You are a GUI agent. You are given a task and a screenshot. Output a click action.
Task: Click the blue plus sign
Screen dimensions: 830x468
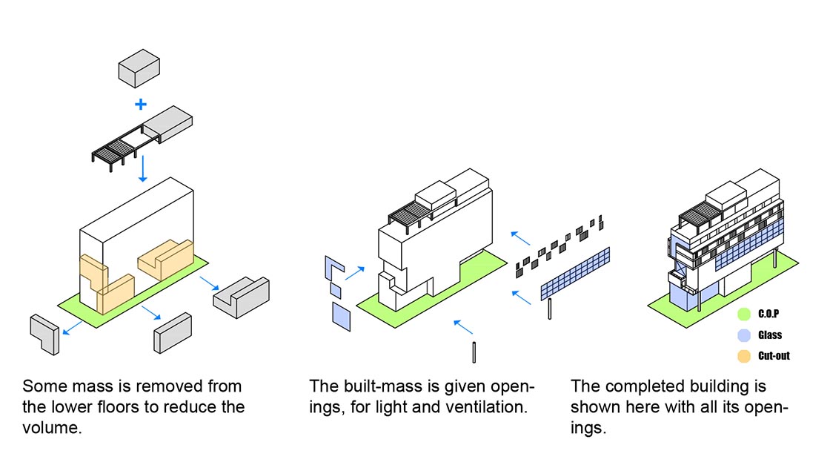(141, 104)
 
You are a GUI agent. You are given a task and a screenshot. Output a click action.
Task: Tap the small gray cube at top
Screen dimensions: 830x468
(139, 68)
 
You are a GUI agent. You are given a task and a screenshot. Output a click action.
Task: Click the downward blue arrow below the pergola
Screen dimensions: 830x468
(142, 168)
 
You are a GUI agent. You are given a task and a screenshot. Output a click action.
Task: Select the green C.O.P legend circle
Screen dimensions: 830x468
(744, 314)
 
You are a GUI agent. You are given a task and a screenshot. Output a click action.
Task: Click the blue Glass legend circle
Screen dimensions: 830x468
(744, 335)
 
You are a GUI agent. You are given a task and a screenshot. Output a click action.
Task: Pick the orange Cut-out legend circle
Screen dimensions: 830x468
(744, 356)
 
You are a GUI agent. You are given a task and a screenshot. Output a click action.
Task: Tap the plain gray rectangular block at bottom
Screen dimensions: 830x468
(173, 333)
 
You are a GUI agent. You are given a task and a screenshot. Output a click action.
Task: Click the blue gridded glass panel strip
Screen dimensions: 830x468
(575, 274)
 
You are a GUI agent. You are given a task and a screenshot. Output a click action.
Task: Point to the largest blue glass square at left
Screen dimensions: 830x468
(342, 317)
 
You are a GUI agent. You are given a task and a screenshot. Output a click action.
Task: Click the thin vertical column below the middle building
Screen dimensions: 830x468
(474, 352)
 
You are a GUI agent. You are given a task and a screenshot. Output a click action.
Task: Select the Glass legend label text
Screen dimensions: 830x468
(770, 335)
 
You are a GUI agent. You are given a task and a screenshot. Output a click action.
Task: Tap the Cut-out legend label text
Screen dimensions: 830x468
(774, 356)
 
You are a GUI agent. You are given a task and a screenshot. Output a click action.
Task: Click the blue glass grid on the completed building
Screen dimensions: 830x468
(748, 245)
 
